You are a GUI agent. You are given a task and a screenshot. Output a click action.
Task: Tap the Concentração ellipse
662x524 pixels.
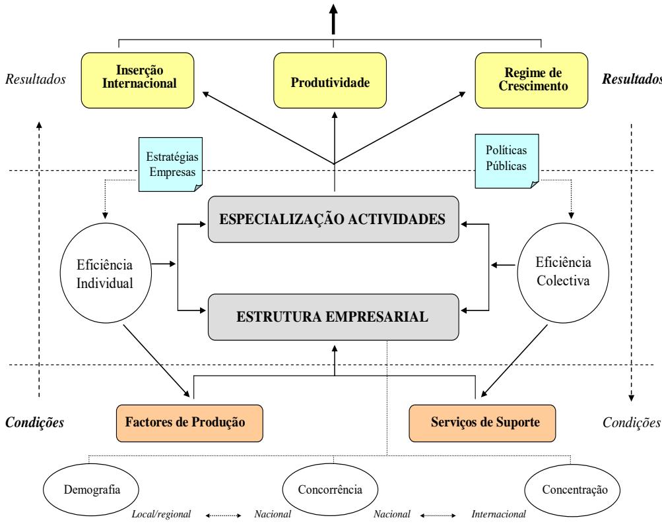(571, 490)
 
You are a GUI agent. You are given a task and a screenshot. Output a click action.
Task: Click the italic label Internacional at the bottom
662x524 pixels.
(498, 514)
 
